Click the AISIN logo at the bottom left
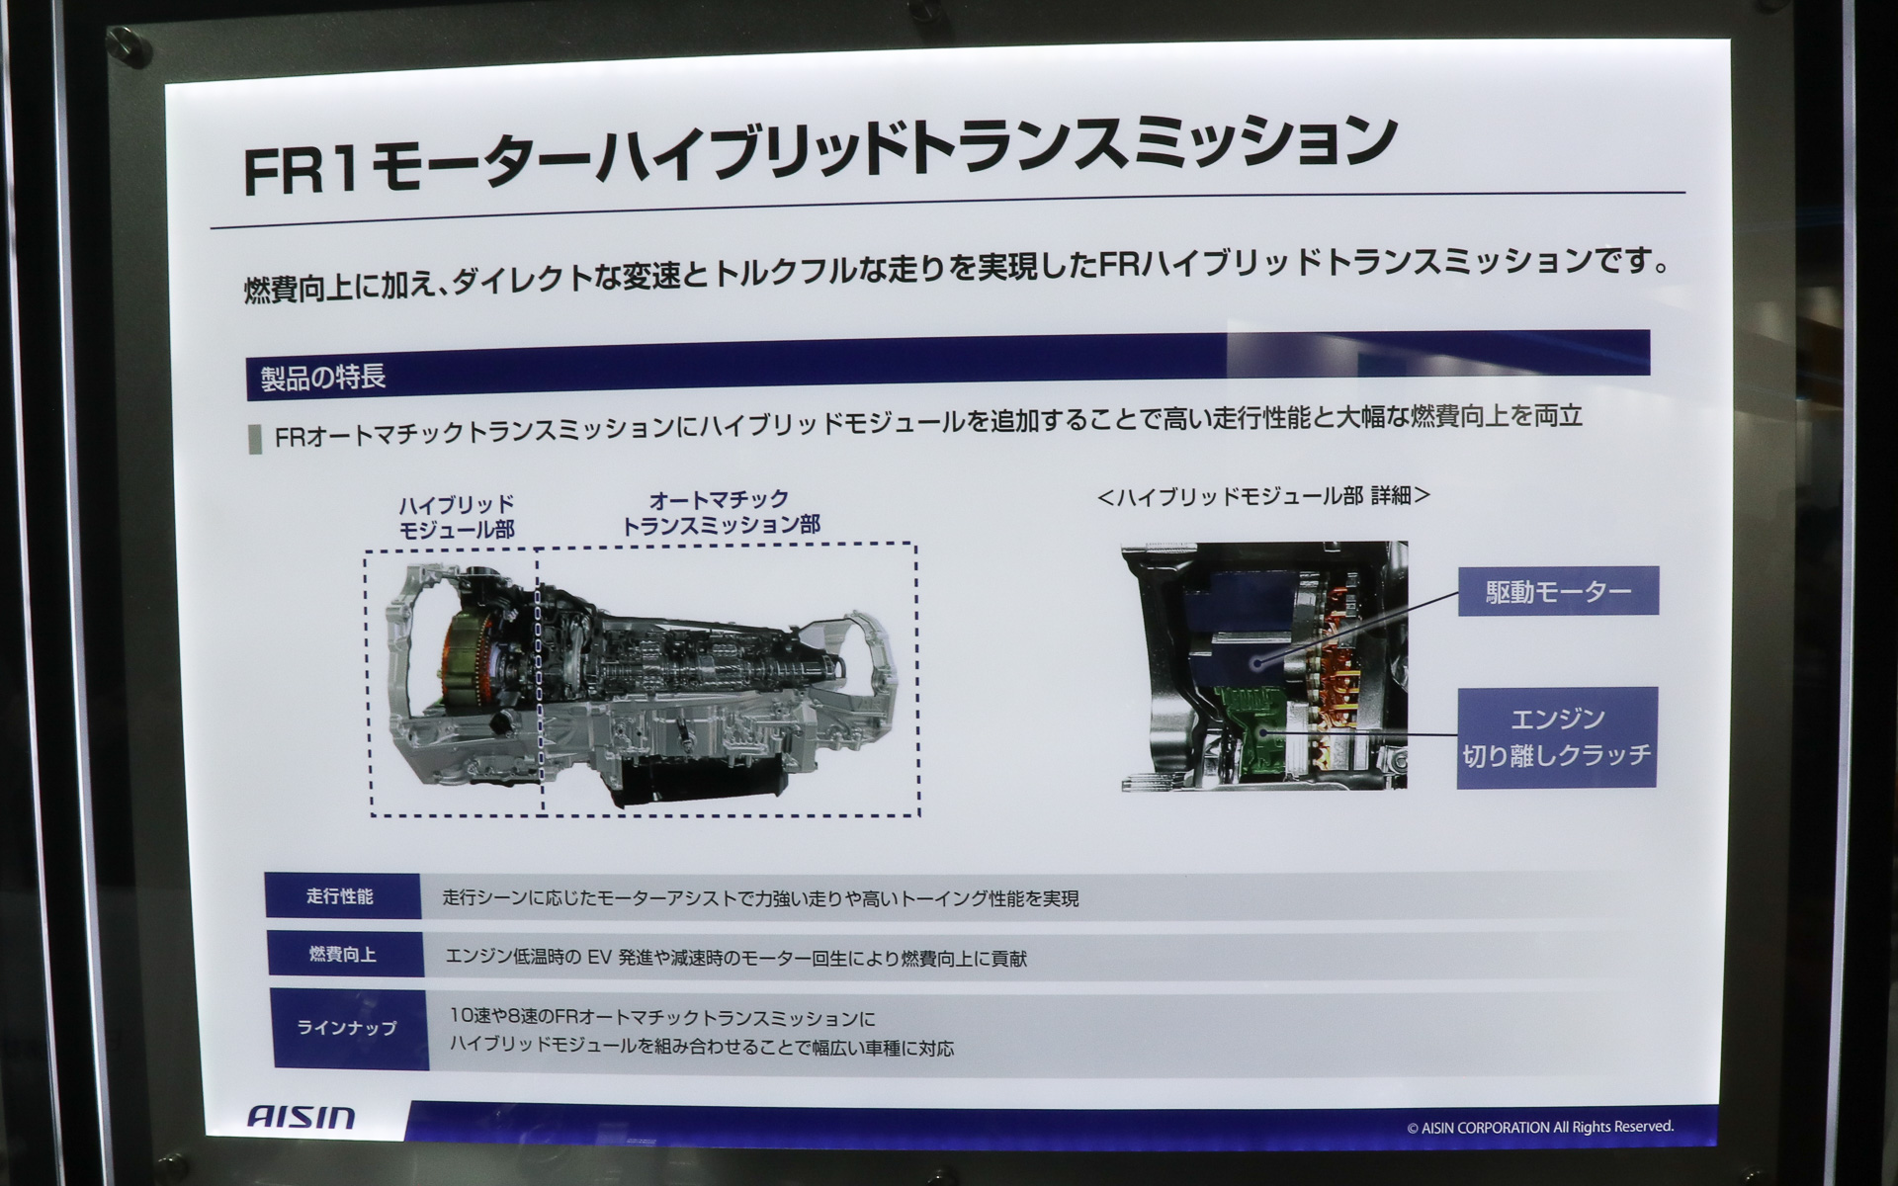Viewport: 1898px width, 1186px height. (x=301, y=1118)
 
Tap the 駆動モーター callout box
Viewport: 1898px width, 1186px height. (x=1558, y=591)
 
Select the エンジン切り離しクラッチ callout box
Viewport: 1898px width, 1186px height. (x=1556, y=737)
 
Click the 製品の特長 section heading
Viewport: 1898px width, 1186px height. (x=323, y=378)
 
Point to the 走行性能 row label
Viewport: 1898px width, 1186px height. (x=340, y=896)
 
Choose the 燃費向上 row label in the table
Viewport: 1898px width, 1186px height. (x=342, y=955)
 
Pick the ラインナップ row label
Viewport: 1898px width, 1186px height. (x=347, y=1028)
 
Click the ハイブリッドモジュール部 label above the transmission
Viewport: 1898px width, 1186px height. (x=457, y=517)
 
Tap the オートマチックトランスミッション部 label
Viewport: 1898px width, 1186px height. (x=720, y=512)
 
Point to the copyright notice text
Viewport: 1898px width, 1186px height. (x=1539, y=1127)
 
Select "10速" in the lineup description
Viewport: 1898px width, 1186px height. (x=473, y=1017)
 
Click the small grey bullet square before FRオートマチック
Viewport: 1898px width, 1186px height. (x=255, y=439)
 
